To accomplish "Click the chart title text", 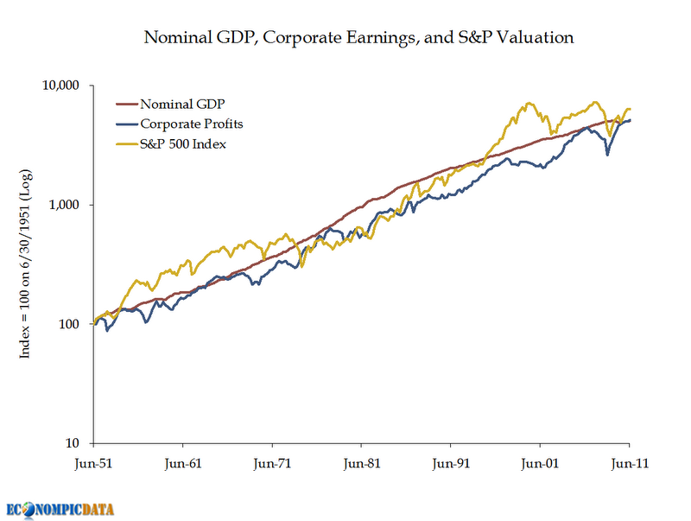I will tap(358, 38).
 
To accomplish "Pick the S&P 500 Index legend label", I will tap(183, 143).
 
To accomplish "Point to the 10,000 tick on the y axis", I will tap(60, 86).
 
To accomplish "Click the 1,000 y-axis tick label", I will tap(64, 205).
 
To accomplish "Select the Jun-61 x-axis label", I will tap(183, 463).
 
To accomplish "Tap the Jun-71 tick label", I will tap(272, 463).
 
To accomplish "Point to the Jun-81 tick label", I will tap(362, 463).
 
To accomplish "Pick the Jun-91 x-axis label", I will tap(451, 463).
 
